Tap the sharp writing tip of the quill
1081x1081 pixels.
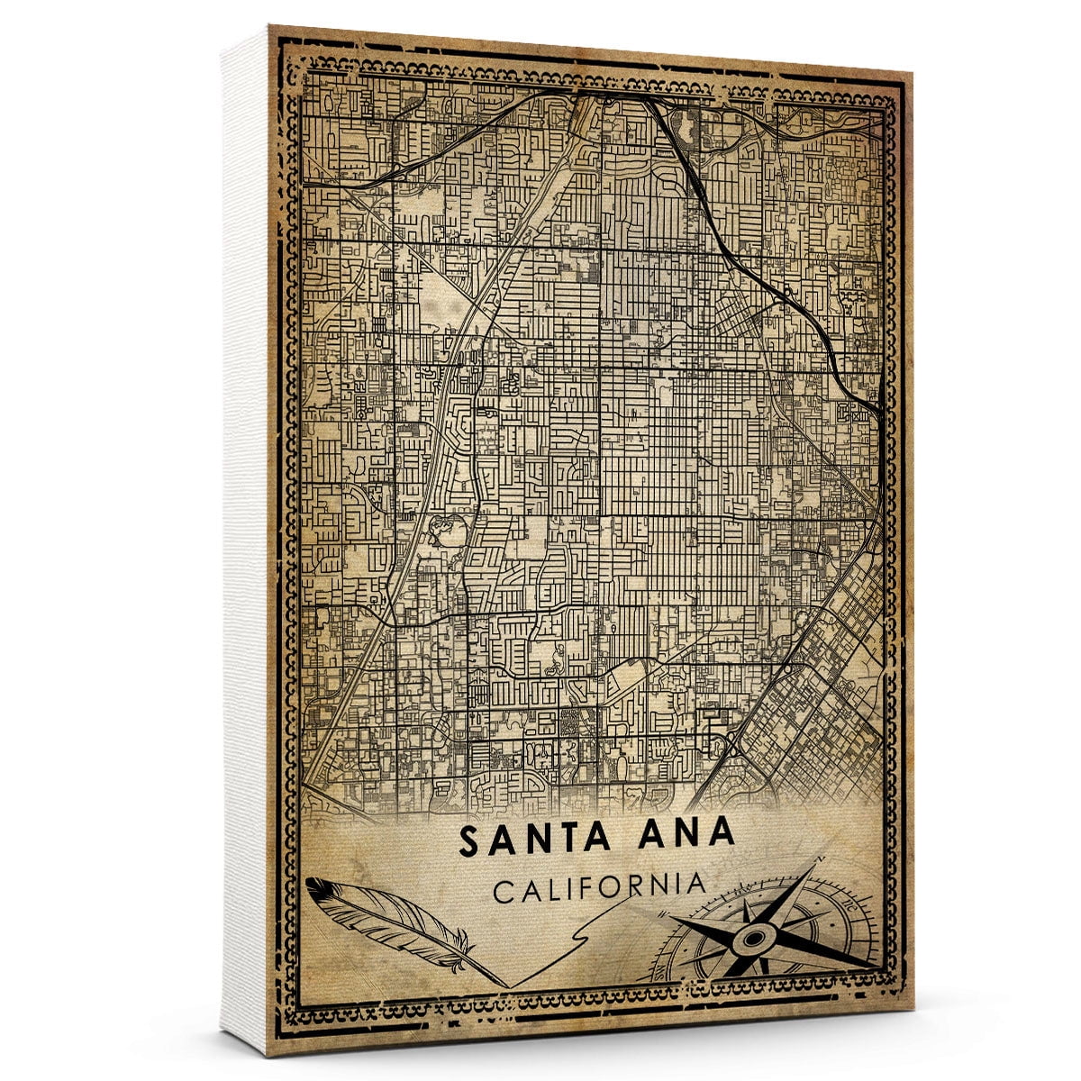point(506,986)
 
